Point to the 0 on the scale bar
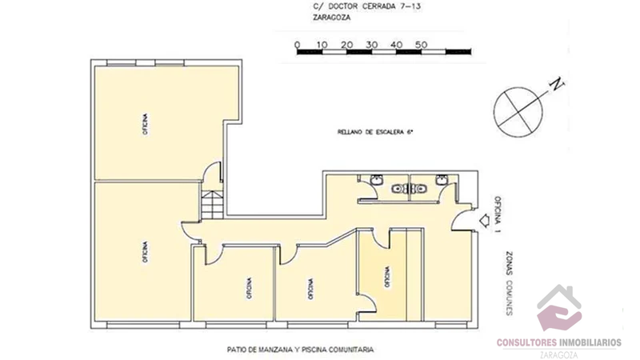tap(297, 44)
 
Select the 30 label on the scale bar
tap(371, 44)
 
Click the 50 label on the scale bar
tap(422, 44)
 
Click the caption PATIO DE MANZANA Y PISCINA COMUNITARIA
tap(300, 350)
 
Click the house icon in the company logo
tap(559, 309)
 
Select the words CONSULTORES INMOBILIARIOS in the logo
tap(558, 342)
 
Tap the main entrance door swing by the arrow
tap(461, 222)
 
